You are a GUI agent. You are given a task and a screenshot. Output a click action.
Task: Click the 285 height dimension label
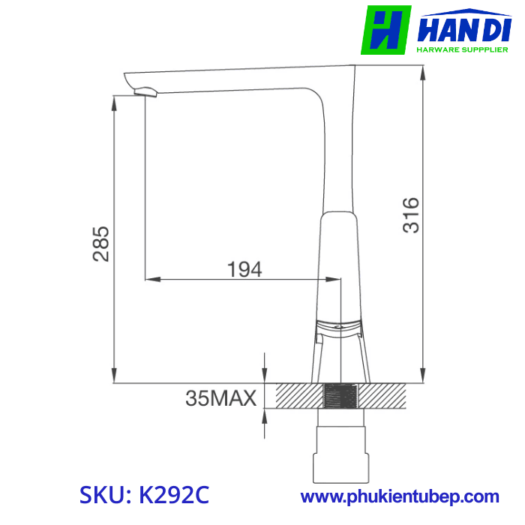[x=101, y=244]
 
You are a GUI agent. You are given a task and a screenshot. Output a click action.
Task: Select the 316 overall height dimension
[x=412, y=215]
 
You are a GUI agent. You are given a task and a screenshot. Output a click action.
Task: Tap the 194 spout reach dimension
[x=245, y=269]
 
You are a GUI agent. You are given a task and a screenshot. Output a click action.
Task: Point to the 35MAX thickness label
[x=221, y=397]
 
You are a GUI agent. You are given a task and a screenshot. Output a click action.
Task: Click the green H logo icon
[x=385, y=30]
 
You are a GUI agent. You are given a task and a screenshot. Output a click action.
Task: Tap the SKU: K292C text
[x=145, y=496]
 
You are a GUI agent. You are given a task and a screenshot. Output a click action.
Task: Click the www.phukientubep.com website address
[x=400, y=496]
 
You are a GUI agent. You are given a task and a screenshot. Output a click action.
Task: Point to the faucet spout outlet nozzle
[x=144, y=92]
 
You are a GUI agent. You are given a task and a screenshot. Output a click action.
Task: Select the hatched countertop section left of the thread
[x=298, y=395]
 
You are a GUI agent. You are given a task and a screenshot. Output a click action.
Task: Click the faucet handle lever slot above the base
[x=340, y=326]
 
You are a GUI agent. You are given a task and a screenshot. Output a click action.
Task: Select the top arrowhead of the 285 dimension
[x=114, y=102]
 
